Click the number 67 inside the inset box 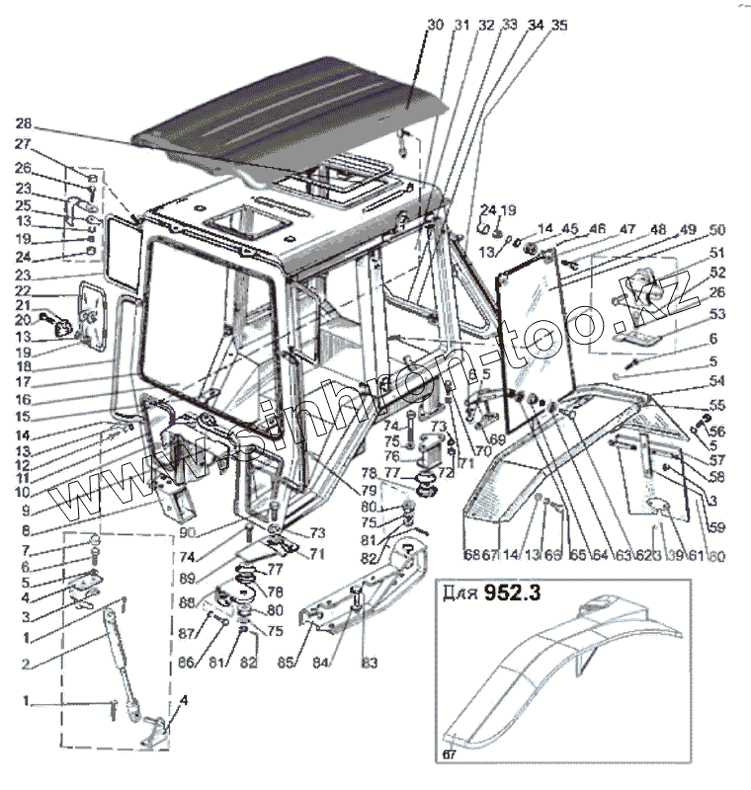click(450, 755)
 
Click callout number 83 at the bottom click(369, 662)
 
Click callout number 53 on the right click(717, 314)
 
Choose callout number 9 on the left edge click(27, 511)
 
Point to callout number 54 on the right click(716, 380)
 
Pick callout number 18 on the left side click(25, 364)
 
